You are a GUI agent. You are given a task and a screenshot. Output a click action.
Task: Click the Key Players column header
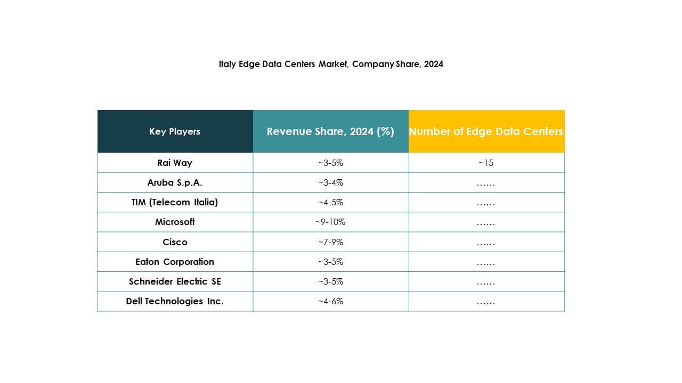(x=175, y=131)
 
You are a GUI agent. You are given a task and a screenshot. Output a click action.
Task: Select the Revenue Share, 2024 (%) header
(x=330, y=131)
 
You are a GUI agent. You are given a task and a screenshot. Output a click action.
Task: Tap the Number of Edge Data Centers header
(x=486, y=131)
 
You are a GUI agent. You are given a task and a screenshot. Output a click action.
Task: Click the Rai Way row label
(x=175, y=163)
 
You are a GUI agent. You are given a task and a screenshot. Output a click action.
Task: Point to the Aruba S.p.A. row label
(x=175, y=182)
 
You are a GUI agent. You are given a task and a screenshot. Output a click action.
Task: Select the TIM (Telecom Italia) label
(x=175, y=202)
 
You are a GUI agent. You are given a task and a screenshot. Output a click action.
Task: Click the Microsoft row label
(x=175, y=222)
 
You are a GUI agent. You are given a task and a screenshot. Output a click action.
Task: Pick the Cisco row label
(x=175, y=242)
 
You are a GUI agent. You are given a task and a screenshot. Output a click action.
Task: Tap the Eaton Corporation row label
(x=175, y=262)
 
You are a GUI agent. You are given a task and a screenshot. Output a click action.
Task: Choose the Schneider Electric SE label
(x=175, y=281)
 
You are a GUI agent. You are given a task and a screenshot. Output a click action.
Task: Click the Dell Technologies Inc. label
(x=175, y=301)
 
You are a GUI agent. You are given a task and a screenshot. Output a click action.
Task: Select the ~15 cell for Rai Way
(x=486, y=163)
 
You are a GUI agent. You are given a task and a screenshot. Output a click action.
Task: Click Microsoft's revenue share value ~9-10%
(x=330, y=222)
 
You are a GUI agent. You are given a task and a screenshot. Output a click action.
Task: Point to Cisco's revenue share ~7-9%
(x=330, y=242)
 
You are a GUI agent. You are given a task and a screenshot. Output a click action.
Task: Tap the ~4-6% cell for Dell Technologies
(x=330, y=301)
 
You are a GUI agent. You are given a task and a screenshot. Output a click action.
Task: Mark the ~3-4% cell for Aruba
(x=330, y=182)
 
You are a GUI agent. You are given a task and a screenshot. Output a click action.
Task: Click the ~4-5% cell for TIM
(x=330, y=202)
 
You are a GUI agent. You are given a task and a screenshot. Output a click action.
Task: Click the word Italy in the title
(x=227, y=64)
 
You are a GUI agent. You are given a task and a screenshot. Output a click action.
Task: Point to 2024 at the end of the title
(x=434, y=64)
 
